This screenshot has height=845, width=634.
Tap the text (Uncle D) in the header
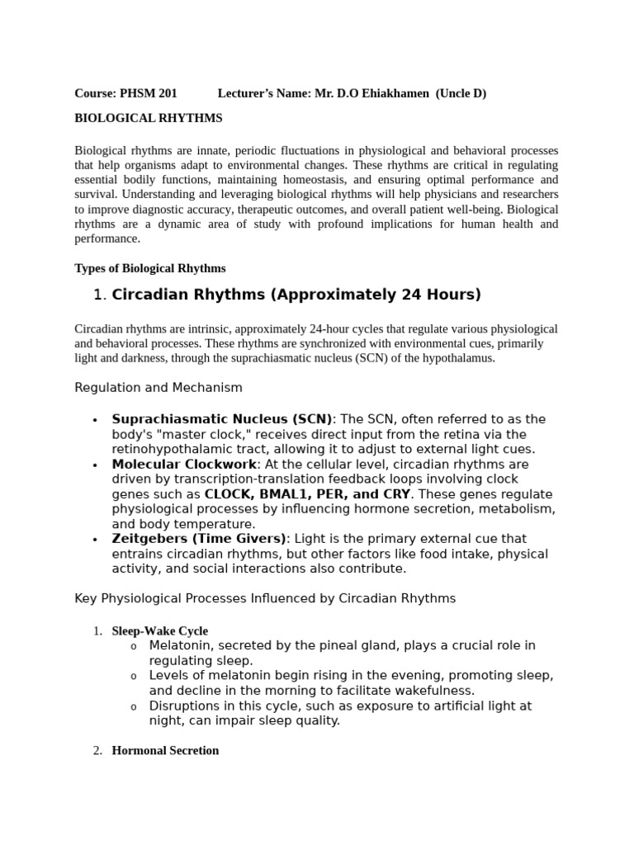click(x=461, y=94)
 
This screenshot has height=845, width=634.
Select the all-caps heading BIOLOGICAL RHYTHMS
click(x=149, y=119)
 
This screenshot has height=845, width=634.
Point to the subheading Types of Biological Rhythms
click(x=149, y=269)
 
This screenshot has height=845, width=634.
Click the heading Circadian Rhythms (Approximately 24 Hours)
click(x=296, y=295)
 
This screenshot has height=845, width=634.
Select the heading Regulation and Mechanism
click(x=158, y=388)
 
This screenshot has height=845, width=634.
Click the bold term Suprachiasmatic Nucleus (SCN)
click(x=222, y=419)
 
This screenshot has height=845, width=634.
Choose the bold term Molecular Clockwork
click(x=183, y=465)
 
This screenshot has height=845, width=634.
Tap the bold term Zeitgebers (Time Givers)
click(x=199, y=539)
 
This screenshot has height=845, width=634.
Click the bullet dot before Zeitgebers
click(x=96, y=540)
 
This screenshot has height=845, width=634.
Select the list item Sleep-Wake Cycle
click(x=159, y=631)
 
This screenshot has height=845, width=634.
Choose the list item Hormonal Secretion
click(x=165, y=751)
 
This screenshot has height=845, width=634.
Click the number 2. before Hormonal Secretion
click(x=97, y=751)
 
